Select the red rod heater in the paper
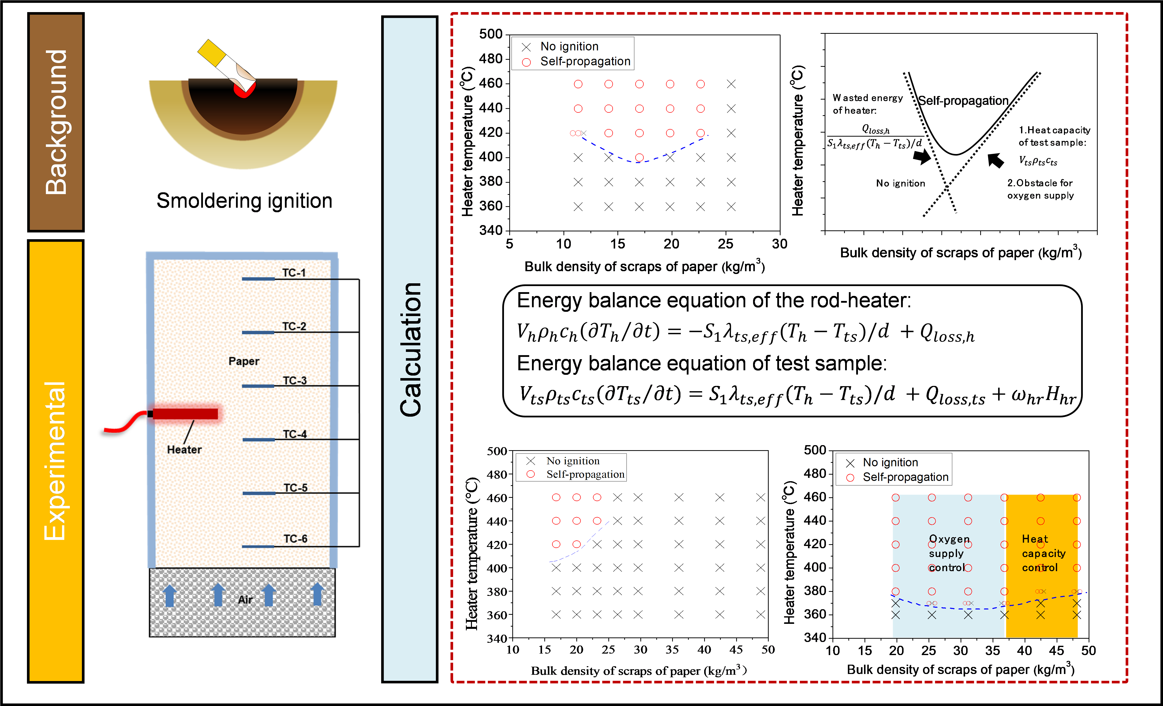185,414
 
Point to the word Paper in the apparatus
244,361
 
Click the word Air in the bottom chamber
245,599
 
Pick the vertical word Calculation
410,349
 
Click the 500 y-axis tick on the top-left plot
491,34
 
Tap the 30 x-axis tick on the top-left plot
779,244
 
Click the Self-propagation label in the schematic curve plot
963,101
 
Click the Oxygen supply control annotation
949,553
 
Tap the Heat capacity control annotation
1043,553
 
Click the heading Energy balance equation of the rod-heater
714,300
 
